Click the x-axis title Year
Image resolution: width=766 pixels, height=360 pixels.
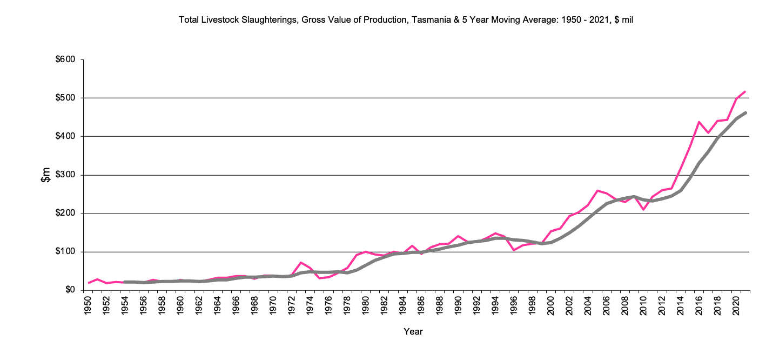(413, 331)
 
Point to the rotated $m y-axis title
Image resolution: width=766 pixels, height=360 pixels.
(46, 175)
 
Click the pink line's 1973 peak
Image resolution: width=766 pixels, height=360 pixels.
(300, 263)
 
